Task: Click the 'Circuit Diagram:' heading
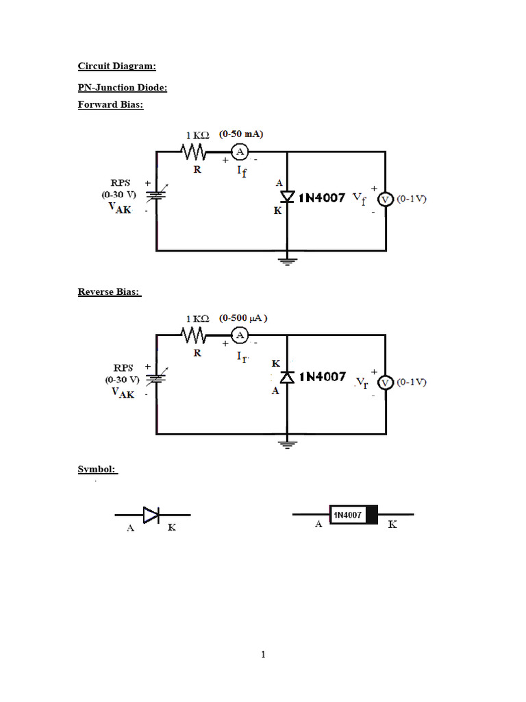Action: tap(117, 66)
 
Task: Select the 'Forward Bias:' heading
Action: tap(111, 105)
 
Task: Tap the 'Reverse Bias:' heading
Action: tap(110, 292)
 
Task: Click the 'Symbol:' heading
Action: tap(97, 470)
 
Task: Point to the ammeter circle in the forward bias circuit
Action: tap(240, 152)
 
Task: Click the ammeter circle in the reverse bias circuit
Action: tap(240, 335)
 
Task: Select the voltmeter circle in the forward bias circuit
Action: tap(385, 199)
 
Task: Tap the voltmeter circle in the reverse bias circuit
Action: tap(385, 383)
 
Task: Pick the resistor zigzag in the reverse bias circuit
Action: tap(195, 335)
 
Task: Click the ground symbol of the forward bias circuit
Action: tap(287, 259)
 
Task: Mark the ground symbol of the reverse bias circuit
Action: tap(287, 443)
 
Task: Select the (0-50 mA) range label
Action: tap(242, 134)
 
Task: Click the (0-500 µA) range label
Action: tap(243, 318)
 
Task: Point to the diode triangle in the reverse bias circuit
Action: tap(287, 377)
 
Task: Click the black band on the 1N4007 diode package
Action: tap(371, 515)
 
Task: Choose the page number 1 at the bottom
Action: tap(263, 655)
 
